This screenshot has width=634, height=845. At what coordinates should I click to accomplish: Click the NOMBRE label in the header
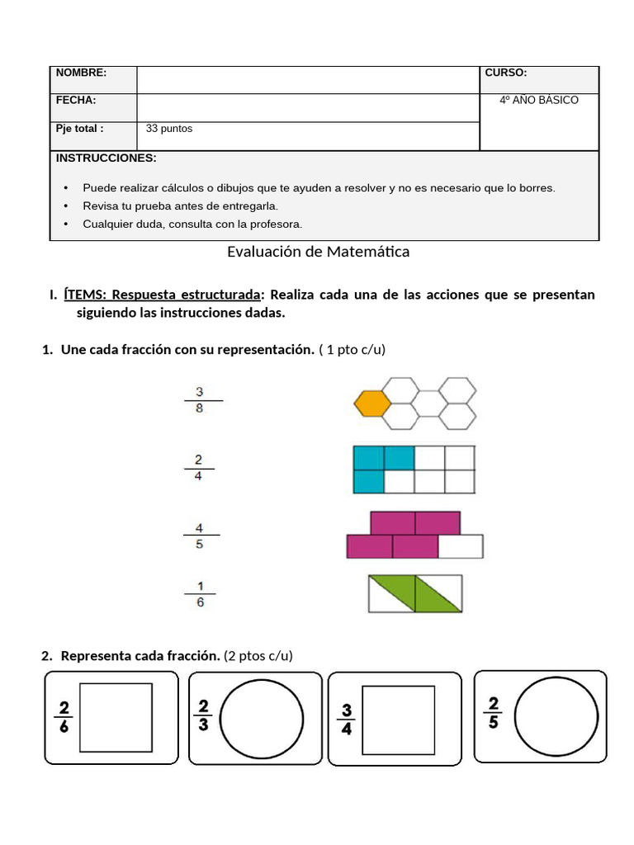pyautogui.click(x=81, y=73)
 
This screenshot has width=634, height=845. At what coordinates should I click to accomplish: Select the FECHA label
pyautogui.click(x=76, y=100)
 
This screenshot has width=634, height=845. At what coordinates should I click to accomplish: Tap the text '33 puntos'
pyautogui.click(x=168, y=129)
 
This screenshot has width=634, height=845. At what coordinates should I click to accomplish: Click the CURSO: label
pyautogui.click(x=505, y=73)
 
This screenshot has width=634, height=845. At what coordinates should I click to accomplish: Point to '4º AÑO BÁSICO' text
pyautogui.click(x=539, y=100)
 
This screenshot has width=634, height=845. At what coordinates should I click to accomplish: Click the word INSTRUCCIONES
pyautogui.click(x=106, y=158)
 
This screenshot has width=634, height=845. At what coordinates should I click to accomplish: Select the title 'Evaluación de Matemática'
pyautogui.click(x=318, y=252)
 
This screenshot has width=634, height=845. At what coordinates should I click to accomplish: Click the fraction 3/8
pyautogui.click(x=200, y=400)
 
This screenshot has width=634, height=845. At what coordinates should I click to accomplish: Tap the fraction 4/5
pyautogui.click(x=200, y=536)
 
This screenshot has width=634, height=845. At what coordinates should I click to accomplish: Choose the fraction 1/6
pyautogui.click(x=200, y=594)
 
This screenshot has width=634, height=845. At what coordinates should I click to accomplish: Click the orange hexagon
pyautogui.click(x=372, y=404)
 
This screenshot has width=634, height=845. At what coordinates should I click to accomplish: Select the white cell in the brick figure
pyautogui.click(x=460, y=546)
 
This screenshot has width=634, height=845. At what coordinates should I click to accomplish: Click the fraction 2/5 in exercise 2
pyautogui.click(x=494, y=712)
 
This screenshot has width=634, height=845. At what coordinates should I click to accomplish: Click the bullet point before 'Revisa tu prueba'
pyautogui.click(x=66, y=205)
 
